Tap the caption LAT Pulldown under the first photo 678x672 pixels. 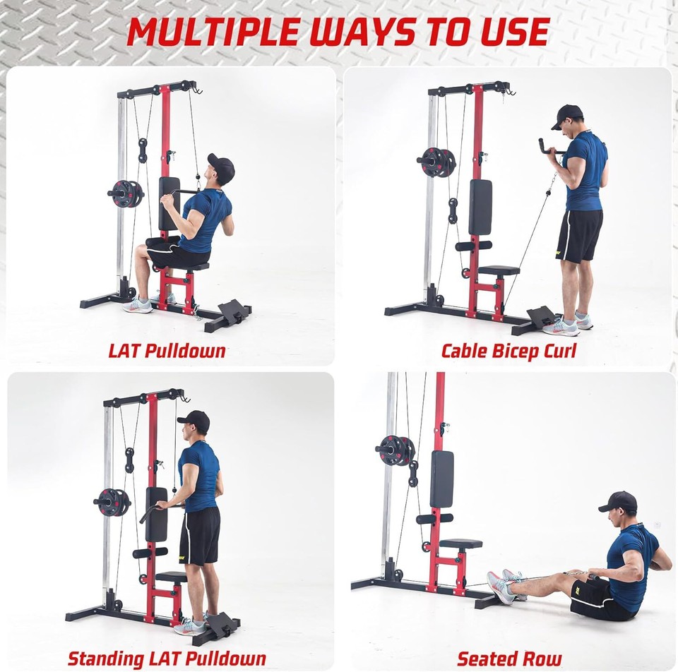pos(167,351)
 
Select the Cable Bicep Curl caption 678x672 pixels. pos(509,351)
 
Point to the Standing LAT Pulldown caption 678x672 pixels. pos(167,659)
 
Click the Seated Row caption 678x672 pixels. pos(509,659)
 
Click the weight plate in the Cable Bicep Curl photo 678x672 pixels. pos(436,162)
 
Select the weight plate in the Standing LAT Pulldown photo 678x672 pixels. pos(112,502)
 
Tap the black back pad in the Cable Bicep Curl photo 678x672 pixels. pos(480,207)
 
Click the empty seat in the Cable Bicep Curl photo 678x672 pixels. pos(498,270)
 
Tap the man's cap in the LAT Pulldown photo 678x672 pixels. pos(222,167)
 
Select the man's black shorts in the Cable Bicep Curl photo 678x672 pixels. pos(579,235)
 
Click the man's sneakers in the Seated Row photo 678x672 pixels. pos(503,586)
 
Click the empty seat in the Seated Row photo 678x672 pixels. pos(460,544)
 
